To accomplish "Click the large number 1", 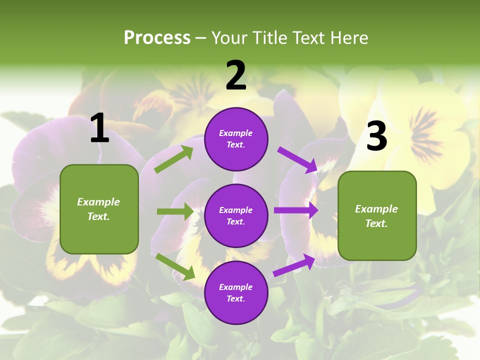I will coord(99,128).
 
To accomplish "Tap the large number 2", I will coord(236,75).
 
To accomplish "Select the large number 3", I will coord(376,136).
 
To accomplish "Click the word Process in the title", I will coord(157,37).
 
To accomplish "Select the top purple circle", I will coord(236,139).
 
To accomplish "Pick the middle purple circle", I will coord(236,215).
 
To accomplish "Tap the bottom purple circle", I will coord(236,292).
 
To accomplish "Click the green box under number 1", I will coord(99,209).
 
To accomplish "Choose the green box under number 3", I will coord(377,215).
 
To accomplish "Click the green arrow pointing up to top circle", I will coord(174,159).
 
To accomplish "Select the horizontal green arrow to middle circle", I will coord(175,211).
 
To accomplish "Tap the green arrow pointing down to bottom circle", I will coord(175,266).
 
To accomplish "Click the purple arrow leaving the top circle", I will coord(297,159).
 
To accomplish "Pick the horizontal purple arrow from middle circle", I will coord(296,210).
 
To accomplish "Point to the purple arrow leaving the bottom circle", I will coord(294,265).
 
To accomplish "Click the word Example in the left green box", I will coord(98,202).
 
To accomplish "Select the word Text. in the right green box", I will coord(376,223).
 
